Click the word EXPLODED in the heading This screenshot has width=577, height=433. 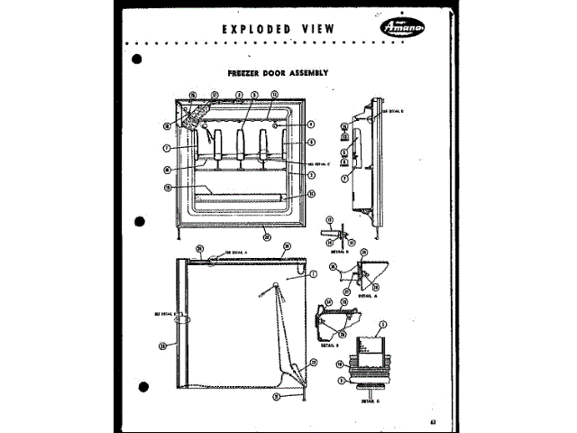pos(255,29)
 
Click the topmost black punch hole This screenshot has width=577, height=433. pos(137,60)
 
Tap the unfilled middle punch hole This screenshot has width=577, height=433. pos(140,218)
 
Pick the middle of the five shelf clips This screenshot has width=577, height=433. pos(242,145)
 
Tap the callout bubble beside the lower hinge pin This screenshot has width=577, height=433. pos(282,395)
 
